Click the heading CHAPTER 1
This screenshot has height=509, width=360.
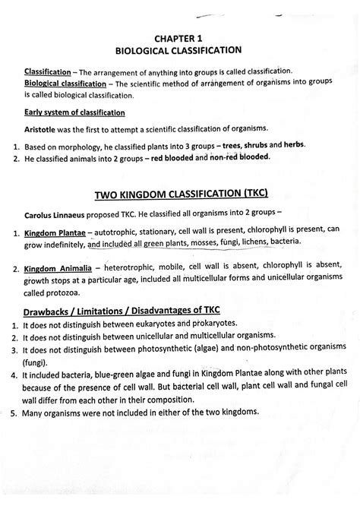click(x=179, y=36)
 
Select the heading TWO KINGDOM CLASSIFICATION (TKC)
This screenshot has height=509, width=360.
click(x=179, y=193)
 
